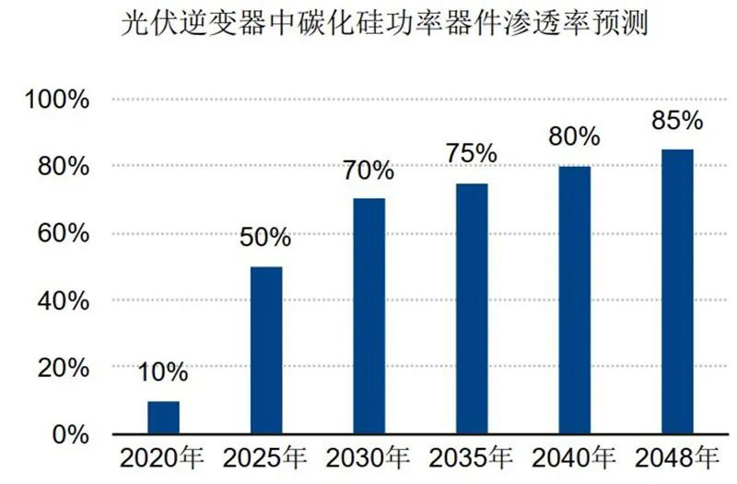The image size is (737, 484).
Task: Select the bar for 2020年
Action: [x=163, y=417]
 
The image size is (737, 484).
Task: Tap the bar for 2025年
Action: [x=266, y=350]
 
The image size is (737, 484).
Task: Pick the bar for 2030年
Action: [x=368, y=316]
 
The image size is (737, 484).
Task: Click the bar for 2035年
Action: [x=472, y=309]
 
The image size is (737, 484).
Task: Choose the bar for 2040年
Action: [x=574, y=300]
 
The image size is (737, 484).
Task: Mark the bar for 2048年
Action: [x=677, y=291]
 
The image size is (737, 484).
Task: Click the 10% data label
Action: [x=163, y=373]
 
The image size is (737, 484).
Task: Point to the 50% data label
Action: [x=265, y=238]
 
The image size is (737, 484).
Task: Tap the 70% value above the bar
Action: [x=368, y=171]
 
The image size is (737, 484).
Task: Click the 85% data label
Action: [x=677, y=121]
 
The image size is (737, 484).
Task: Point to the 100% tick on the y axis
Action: [x=56, y=100]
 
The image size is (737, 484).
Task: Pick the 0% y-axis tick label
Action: [x=68, y=434]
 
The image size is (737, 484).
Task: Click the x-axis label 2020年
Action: [x=163, y=458]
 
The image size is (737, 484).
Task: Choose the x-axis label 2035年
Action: [x=472, y=458]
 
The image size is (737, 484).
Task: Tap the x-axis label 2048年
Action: [x=677, y=458]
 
